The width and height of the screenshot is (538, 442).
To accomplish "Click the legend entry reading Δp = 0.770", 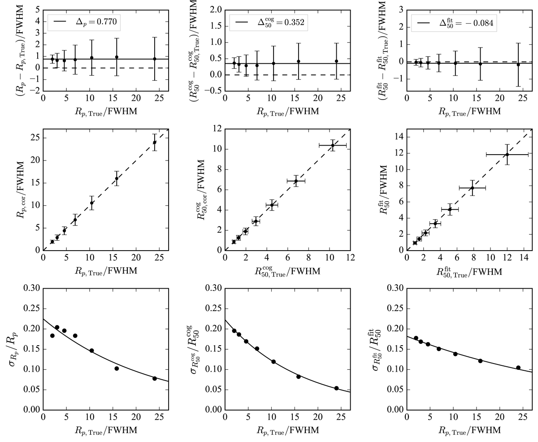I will pos(84,21).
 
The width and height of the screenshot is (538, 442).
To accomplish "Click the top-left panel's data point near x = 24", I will pos(155,59).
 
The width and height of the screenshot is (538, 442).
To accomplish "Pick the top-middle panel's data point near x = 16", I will pos(299,61).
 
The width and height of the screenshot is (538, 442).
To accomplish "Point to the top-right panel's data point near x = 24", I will pos(518,65).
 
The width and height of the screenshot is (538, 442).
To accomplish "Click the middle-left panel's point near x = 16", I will pos(117,178).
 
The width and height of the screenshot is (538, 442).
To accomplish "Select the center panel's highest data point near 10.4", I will pos(333,145).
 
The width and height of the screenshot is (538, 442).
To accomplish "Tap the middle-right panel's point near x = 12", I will pos(507,155).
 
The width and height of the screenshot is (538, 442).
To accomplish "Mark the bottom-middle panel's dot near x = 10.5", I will pos(273,362).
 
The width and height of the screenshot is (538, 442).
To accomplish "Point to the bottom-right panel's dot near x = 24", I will pos(518,368).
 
